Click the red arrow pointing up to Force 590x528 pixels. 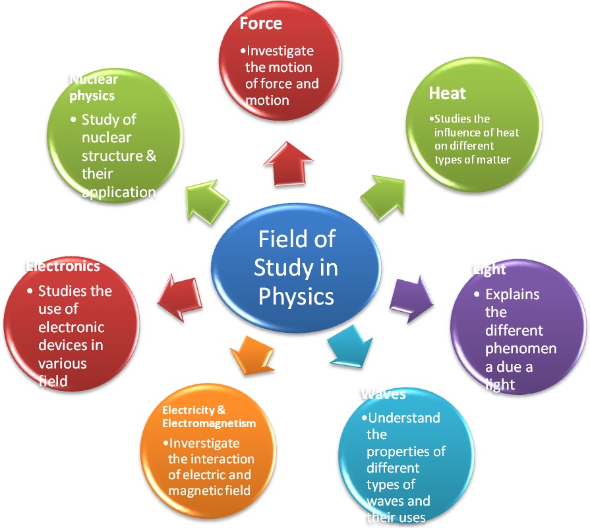pyautogui.click(x=289, y=164)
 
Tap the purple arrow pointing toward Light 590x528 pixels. pyautogui.click(x=411, y=299)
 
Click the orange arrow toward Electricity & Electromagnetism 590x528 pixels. pyautogui.click(x=252, y=356)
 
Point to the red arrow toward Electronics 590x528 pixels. pyautogui.click(x=180, y=298)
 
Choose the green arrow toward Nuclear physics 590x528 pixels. pyautogui.click(x=206, y=202)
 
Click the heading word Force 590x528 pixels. pyautogui.click(x=261, y=23)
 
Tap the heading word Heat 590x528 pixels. pyautogui.click(x=448, y=93)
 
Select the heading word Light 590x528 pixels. pyautogui.click(x=489, y=270)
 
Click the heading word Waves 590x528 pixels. pyautogui.click(x=384, y=394)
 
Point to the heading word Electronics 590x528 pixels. pyautogui.click(x=63, y=266)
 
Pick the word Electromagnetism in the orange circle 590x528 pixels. pyautogui.click(x=209, y=423)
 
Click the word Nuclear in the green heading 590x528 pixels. pyautogui.click(x=94, y=79)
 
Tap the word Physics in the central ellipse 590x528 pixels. pyautogui.click(x=296, y=297)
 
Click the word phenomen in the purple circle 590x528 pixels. pyautogui.click(x=521, y=349)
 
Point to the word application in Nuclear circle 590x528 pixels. pyautogui.click(x=119, y=192)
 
